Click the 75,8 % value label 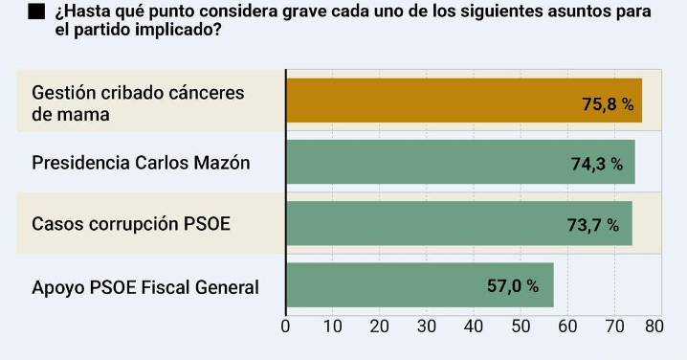[609, 104]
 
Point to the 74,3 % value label [597, 165]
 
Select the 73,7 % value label [593, 225]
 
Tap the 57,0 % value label [513, 286]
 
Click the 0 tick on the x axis [285, 326]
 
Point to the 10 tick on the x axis [332, 326]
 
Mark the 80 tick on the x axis [654, 326]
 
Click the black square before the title [35, 12]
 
